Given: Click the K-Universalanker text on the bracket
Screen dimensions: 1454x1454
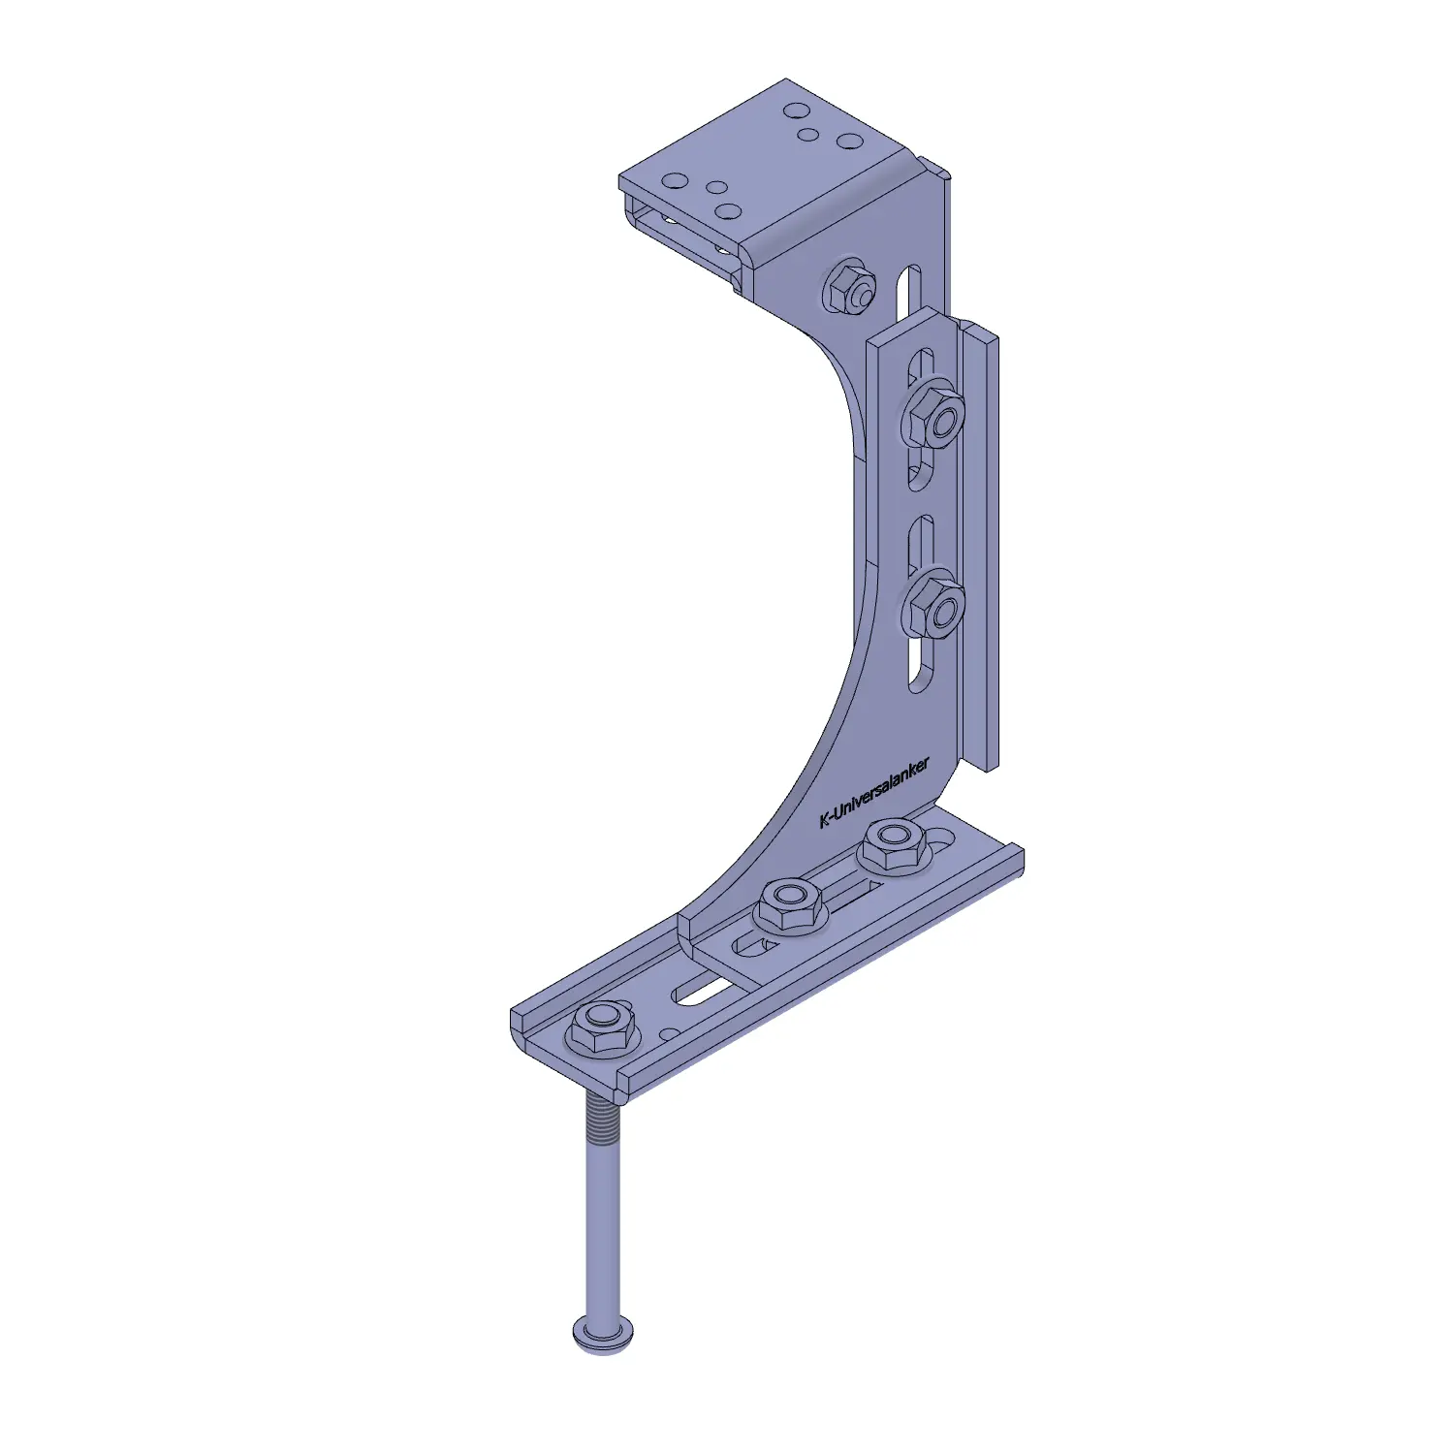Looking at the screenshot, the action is pyautogui.click(x=874, y=792).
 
